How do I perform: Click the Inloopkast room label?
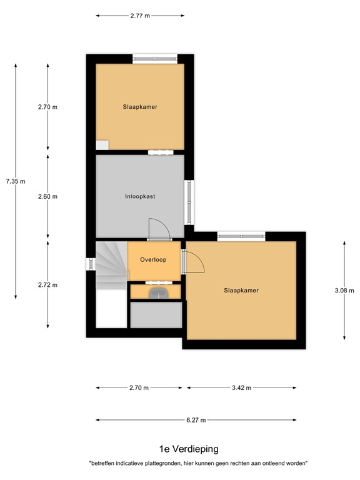140,196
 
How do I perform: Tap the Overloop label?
153,260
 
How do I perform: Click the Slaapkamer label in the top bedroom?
140,107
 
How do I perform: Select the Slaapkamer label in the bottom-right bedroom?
241,290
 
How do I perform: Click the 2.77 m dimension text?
140,16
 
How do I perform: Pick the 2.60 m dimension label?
47,196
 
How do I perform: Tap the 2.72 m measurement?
47,285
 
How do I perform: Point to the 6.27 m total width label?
196,420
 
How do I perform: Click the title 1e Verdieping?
180,449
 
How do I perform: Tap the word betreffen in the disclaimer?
104,463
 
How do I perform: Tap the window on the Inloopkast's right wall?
188,202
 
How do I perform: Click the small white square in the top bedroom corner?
102,145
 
